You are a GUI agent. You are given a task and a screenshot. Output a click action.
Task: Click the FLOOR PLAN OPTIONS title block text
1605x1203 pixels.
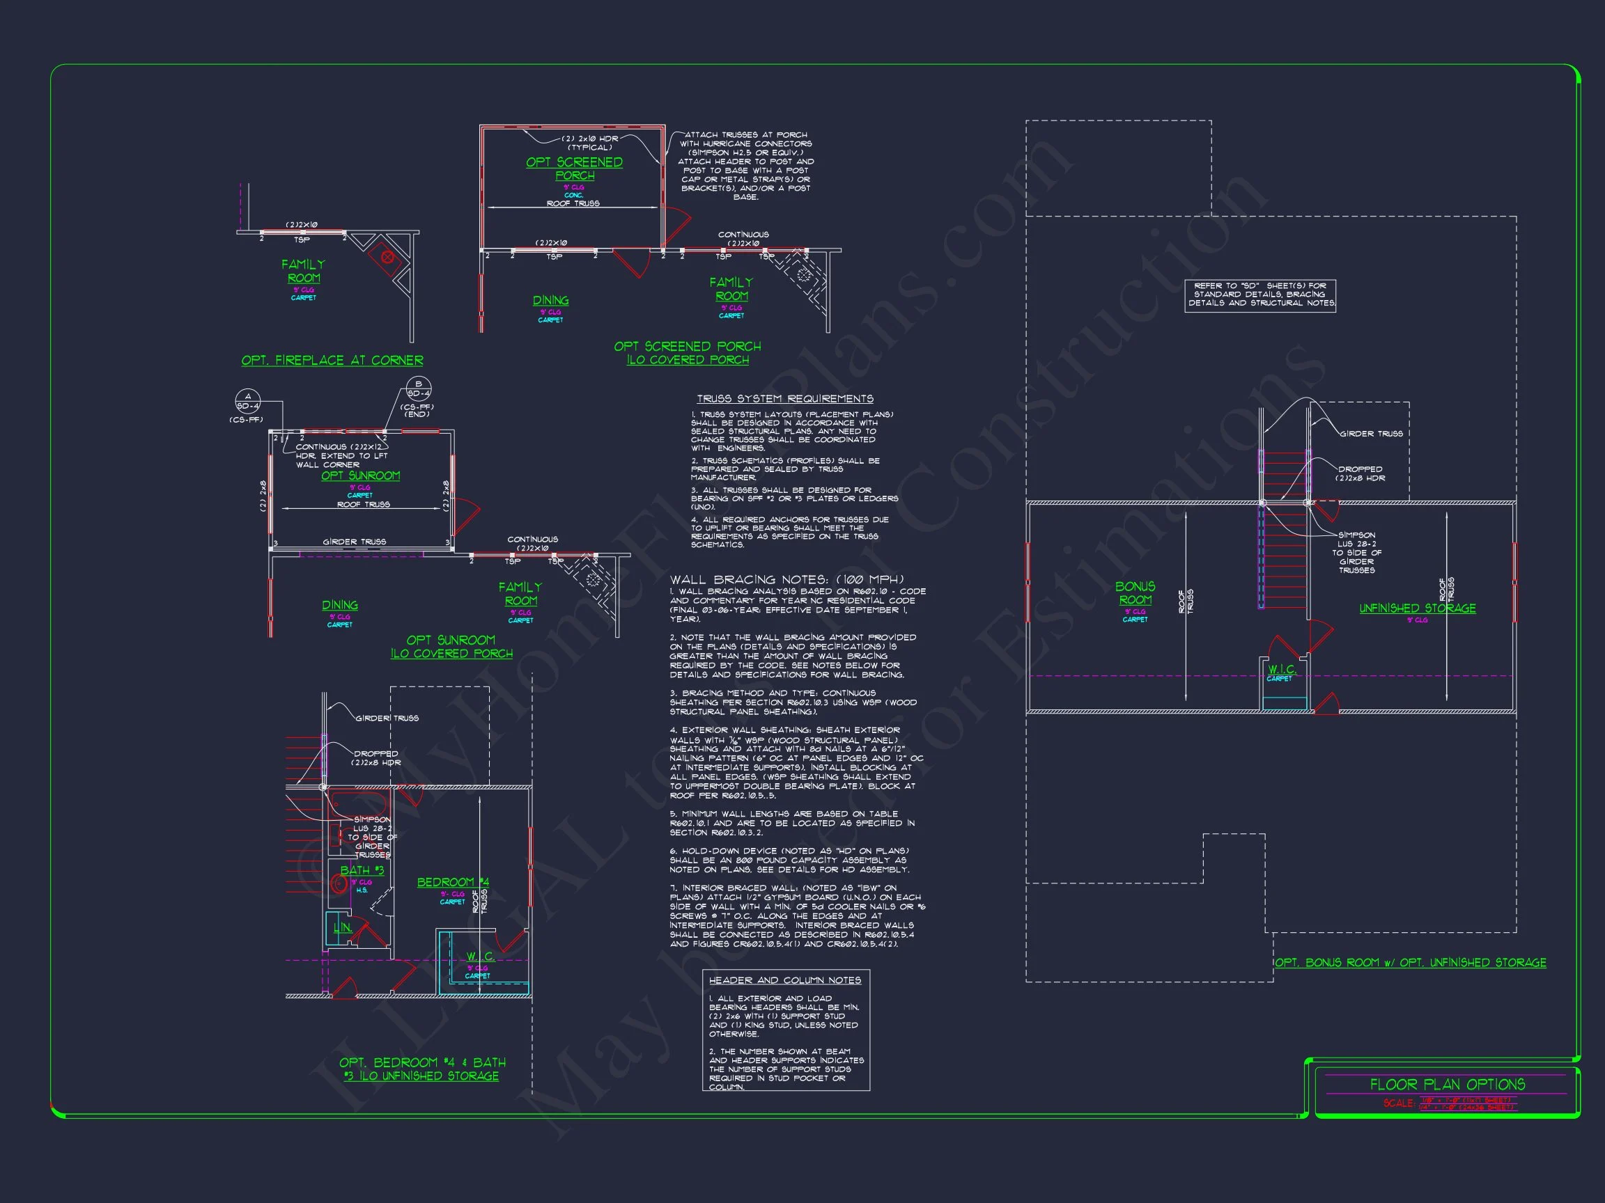point(1447,1085)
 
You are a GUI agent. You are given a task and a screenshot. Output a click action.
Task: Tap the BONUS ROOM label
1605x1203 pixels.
point(1135,593)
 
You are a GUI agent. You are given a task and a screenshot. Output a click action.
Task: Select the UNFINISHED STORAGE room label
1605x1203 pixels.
point(1417,608)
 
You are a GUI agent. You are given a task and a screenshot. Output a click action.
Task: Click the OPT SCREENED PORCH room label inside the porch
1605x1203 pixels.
point(574,169)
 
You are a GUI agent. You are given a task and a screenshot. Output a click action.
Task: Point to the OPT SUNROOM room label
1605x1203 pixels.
point(361,475)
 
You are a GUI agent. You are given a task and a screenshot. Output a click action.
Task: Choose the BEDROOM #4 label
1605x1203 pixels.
point(453,883)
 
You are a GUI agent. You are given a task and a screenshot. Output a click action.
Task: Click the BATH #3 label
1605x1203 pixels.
point(362,870)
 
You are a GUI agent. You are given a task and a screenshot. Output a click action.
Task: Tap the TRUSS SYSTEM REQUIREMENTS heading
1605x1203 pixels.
point(785,399)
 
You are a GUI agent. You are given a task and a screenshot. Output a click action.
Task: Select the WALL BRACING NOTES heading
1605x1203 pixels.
point(786,579)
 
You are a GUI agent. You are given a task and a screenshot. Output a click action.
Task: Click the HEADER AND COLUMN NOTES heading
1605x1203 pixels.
point(784,980)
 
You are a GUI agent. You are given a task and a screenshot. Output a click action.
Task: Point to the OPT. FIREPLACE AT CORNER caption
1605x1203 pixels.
point(332,361)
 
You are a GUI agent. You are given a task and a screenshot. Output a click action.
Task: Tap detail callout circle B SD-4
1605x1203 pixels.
point(418,388)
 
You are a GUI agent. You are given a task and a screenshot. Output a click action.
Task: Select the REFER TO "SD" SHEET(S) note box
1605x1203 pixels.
point(1260,295)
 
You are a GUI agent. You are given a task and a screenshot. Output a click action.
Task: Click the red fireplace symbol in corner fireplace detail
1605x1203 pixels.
point(387,257)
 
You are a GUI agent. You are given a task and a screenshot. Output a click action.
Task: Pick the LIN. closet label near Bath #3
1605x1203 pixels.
point(343,927)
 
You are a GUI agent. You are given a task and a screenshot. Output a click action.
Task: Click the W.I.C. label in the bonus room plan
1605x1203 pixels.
point(1281,669)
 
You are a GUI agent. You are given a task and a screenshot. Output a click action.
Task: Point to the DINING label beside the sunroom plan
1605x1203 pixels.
point(339,606)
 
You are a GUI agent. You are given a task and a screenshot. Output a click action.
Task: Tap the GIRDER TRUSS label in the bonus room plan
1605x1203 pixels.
point(1371,434)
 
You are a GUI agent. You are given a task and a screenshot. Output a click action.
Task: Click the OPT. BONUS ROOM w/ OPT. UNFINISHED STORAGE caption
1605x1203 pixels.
point(1411,963)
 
